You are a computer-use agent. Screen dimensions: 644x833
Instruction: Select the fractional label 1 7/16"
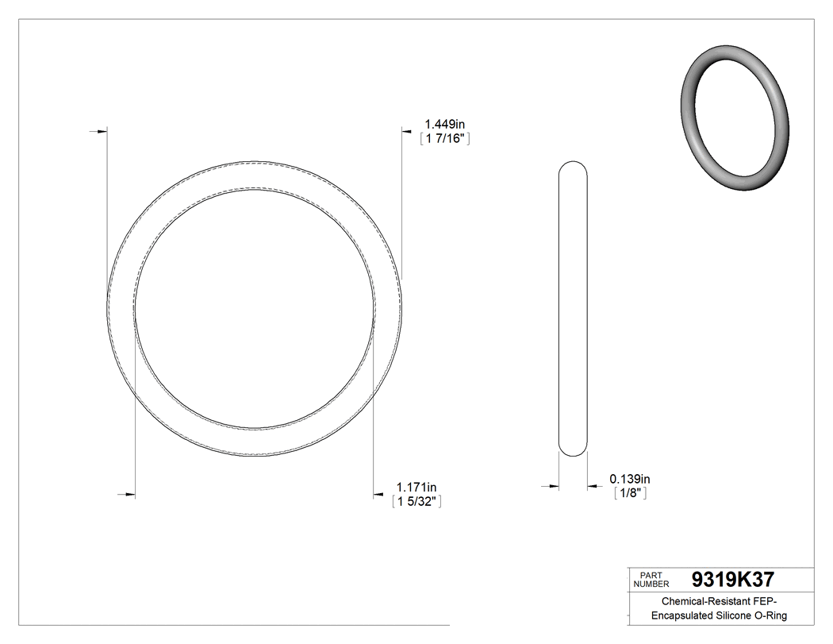pyautogui.click(x=446, y=139)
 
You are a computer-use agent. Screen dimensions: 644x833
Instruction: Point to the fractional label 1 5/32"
pyautogui.click(x=416, y=501)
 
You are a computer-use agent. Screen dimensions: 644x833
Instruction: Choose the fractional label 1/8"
pyautogui.click(x=631, y=493)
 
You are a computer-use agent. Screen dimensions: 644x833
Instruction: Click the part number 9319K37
pyautogui.click(x=732, y=579)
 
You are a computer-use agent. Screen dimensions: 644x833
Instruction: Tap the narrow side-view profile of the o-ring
pyautogui.click(x=574, y=309)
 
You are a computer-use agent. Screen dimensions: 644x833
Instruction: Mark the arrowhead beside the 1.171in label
pyautogui.click(x=380, y=496)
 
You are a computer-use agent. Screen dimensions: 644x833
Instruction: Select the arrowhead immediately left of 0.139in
pyautogui.click(x=593, y=486)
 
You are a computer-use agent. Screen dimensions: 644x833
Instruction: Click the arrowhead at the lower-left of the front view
pyautogui.click(x=129, y=496)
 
